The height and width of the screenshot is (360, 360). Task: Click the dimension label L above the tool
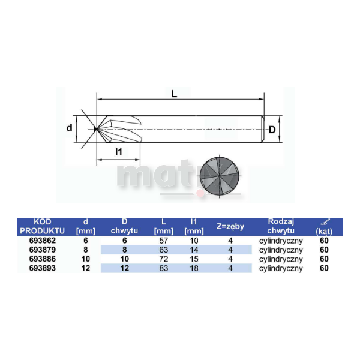click(174, 94)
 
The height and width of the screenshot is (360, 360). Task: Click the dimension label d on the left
click(69, 128)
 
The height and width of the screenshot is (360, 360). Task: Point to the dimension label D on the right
click(272, 130)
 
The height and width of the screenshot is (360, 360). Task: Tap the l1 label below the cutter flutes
click(118, 152)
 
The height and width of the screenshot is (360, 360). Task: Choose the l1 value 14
click(193, 250)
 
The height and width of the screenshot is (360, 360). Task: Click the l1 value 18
click(193, 269)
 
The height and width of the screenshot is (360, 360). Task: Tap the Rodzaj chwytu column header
click(280, 226)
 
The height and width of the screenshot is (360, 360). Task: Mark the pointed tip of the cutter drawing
click(95, 128)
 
